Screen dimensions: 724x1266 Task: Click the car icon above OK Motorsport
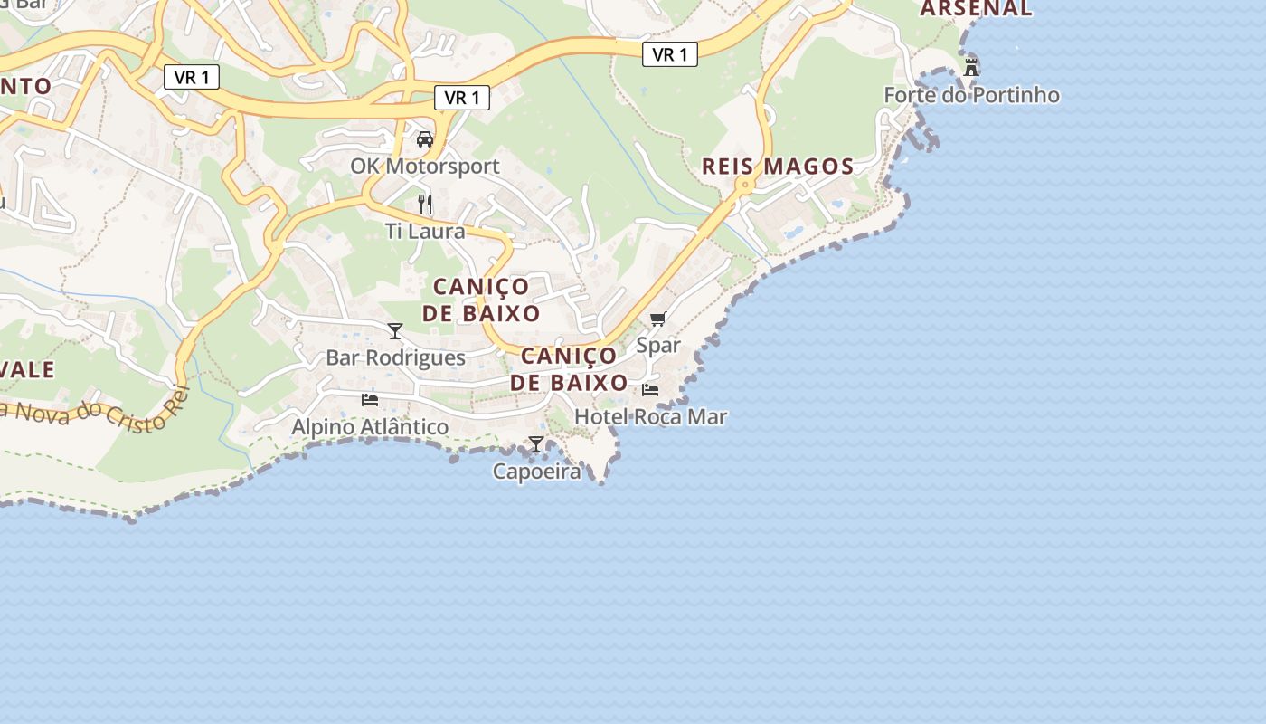[424, 138]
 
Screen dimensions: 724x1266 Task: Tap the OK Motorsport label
[425, 167]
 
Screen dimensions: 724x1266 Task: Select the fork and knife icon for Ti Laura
[425, 204]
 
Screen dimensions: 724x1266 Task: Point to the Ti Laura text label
[425, 232]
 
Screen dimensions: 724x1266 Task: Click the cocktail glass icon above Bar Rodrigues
[394, 330]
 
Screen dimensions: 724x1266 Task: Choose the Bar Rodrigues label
[395, 357]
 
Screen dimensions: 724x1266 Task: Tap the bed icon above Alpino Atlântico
[369, 399]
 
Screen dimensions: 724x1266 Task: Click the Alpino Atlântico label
[369, 426]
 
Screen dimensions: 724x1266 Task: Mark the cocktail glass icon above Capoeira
[536, 444]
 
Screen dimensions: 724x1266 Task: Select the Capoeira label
[536, 472]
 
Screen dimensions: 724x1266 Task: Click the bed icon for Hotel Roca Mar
[650, 390]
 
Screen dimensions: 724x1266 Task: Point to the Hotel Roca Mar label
[650, 417]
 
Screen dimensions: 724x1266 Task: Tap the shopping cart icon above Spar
[657, 319]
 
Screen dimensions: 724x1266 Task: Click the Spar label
[657, 346]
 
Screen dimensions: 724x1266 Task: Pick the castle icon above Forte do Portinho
[971, 67]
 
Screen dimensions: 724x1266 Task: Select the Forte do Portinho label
[971, 95]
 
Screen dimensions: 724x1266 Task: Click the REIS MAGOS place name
[778, 167]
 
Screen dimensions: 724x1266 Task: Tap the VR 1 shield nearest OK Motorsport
[462, 98]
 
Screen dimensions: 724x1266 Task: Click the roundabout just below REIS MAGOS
[746, 186]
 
